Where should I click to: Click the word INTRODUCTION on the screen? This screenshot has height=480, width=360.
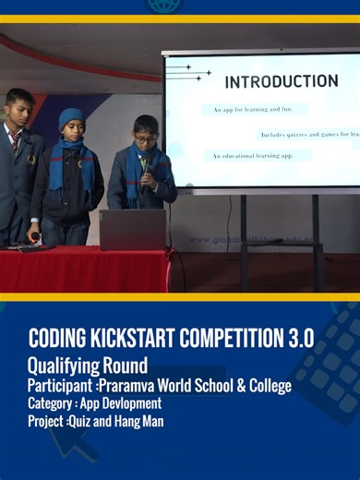point(281,81)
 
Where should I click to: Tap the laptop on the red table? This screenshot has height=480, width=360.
point(132,230)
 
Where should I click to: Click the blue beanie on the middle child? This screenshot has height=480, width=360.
point(71,118)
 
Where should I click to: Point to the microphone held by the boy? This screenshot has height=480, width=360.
point(143,165)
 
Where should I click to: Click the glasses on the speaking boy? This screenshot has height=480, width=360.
point(146,138)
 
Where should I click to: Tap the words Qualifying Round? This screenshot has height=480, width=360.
point(88,366)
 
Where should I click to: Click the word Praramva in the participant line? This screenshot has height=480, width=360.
point(130,385)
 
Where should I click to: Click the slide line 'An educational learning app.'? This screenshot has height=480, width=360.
point(256,156)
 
